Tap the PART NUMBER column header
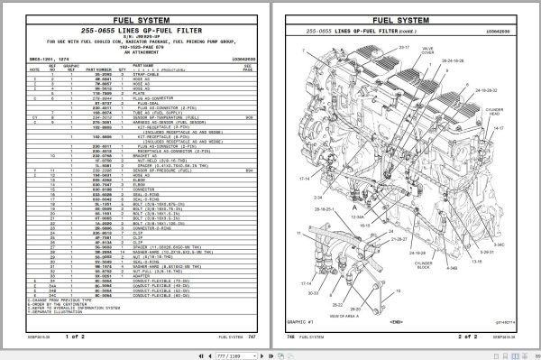point(102,67)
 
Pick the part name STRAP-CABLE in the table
point(172,73)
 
